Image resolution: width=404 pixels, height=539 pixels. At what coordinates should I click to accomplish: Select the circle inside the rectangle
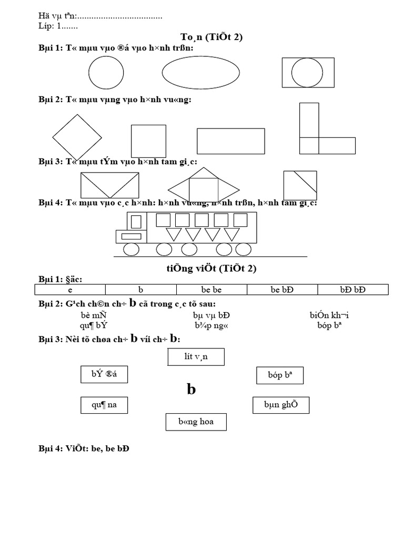pos(307,72)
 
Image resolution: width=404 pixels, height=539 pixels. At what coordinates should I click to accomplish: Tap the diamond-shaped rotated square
pos(77,137)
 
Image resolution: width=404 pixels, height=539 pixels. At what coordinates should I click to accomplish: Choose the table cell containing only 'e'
pos(70,290)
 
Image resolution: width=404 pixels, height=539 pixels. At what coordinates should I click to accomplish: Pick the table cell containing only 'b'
pos(140,290)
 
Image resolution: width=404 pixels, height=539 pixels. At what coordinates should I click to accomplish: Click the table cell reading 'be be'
pos(211,290)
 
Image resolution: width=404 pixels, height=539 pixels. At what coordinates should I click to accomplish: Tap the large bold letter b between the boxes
pos(191,390)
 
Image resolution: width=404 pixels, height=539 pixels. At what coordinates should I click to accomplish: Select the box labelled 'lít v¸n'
pos(196,357)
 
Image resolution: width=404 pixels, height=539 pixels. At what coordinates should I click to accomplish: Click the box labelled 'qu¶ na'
pos(104,405)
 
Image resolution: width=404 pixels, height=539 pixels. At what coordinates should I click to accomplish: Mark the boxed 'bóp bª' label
pos(279,376)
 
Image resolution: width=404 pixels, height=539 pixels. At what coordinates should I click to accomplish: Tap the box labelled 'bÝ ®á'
pos(104,375)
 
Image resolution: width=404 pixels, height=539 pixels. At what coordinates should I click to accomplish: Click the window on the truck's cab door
pos(136,221)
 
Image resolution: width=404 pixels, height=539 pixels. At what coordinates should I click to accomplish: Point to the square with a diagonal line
pos(300,185)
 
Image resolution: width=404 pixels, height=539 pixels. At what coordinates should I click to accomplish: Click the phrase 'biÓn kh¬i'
pos(329,316)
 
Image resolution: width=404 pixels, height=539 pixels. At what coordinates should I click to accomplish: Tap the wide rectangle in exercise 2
pos(230,141)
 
